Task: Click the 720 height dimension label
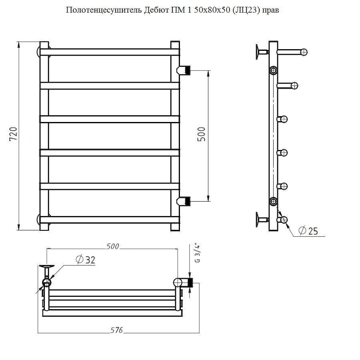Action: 13,135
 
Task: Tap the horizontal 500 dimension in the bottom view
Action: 113,246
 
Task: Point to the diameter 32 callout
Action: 85,260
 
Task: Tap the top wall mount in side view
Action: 260,51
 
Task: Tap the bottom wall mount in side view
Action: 260,219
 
